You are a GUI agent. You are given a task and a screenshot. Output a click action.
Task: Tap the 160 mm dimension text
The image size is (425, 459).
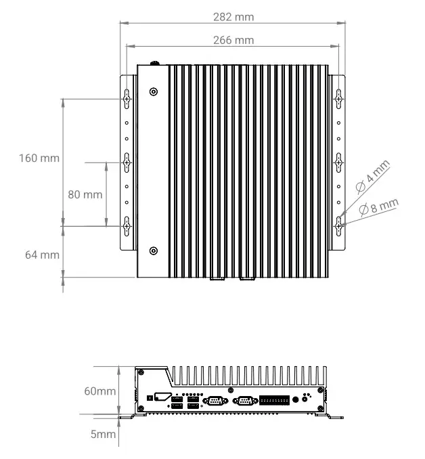[39, 158]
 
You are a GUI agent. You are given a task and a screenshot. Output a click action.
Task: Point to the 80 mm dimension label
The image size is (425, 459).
[85, 194]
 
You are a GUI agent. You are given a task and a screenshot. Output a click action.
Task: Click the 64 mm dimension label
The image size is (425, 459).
[42, 255]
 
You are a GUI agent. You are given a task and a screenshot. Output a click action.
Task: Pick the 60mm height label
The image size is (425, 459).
[99, 391]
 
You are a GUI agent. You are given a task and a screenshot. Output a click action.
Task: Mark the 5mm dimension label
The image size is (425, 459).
[103, 434]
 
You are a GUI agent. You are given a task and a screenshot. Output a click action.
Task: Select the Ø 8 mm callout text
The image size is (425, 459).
[379, 206]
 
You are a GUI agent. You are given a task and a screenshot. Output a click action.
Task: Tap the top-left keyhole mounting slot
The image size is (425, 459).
[127, 99]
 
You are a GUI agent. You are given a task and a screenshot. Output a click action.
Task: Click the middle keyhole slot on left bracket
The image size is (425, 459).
[127, 162]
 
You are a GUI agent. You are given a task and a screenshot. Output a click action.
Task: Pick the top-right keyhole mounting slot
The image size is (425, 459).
[339, 99]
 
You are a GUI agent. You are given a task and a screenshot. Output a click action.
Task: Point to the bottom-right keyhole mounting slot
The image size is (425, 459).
[339, 224]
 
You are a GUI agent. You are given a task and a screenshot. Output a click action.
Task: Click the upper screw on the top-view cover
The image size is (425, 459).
[154, 91]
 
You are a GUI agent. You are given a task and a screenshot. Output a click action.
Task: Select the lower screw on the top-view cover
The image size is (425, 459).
[154, 250]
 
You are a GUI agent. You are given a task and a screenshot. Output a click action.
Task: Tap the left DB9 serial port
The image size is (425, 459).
[215, 400]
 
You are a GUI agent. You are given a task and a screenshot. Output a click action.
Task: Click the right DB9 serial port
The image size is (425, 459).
[244, 400]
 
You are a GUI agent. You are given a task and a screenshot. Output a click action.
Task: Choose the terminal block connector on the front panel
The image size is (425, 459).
[274, 400]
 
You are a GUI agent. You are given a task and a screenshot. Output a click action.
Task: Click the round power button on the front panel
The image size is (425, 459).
[297, 400]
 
